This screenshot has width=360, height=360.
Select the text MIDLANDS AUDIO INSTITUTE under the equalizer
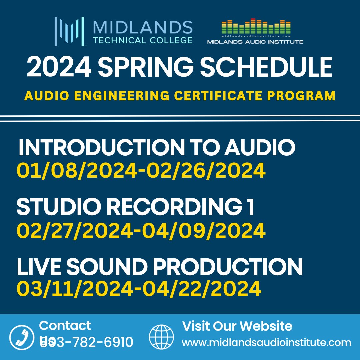tap(255, 42)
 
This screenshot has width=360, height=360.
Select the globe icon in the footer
tap(161, 337)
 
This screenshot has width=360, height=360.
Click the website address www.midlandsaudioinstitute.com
tap(266, 342)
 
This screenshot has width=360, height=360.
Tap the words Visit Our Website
tap(237, 326)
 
